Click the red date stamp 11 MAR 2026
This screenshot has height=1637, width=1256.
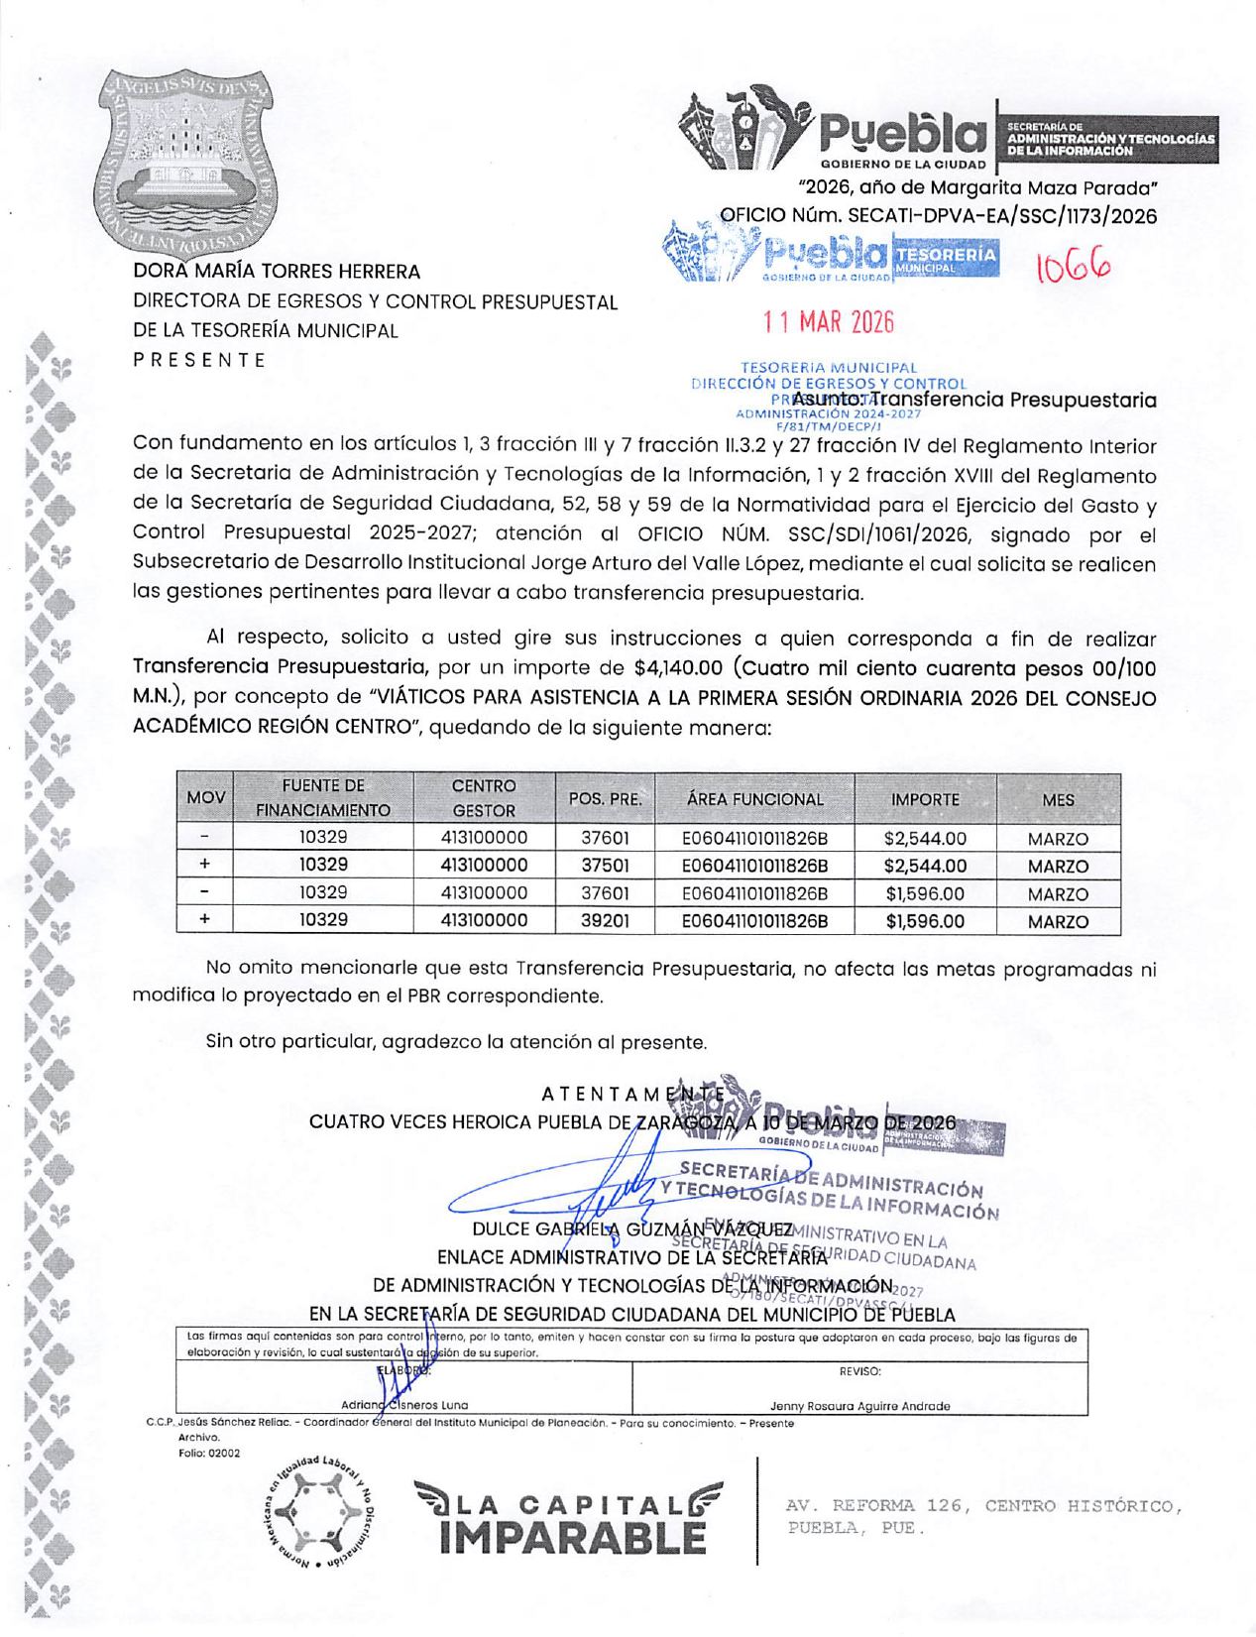point(828,322)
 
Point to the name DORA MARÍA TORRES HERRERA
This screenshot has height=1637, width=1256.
point(278,272)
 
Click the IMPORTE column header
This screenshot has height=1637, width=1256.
point(925,799)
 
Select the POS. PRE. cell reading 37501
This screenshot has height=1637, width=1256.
point(605,866)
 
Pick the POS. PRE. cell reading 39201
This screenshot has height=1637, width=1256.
point(605,921)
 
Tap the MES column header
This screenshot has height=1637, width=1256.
point(1058,799)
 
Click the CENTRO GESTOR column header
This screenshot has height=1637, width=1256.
point(484,798)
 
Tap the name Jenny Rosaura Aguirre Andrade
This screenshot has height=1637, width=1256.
point(859,1406)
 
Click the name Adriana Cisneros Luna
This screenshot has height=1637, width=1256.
point(404,1405)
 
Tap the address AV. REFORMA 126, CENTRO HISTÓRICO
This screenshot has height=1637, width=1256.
point(983,1506)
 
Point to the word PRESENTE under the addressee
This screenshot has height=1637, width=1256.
point(200,360)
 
